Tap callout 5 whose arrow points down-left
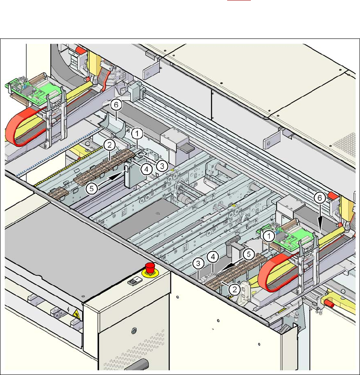coord(250,255)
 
